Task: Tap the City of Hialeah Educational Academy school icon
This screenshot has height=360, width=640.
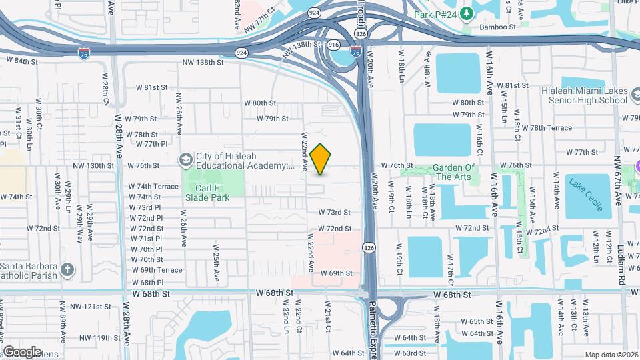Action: point(185,160)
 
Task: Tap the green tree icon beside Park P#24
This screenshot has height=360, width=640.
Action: point(467,13)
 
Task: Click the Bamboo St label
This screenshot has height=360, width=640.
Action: point(498,28)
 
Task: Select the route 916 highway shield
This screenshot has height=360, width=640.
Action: point(333,43)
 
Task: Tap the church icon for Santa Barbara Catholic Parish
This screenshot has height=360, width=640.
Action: point(66,269)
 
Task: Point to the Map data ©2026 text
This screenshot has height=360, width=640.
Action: point(611,355)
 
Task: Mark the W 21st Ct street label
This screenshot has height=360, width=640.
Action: point(328,321)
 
